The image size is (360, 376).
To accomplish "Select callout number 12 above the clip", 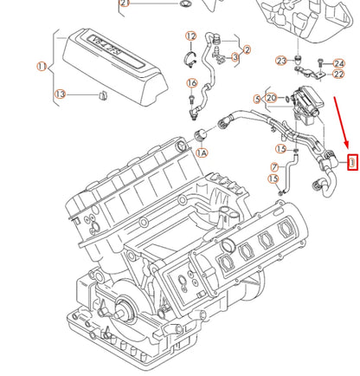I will tap(190, 36).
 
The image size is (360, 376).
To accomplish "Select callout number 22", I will tap(314, 75).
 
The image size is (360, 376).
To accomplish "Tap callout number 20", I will tap(271, 98).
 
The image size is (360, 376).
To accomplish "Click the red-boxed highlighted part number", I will tap(351, 160).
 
